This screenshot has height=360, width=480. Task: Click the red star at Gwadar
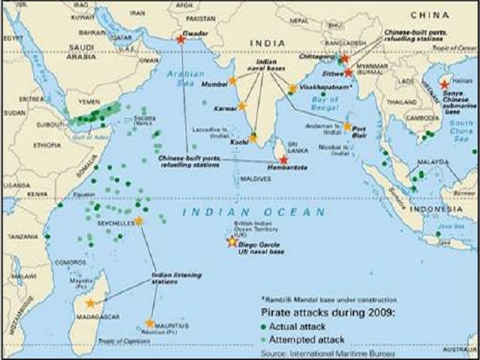pos(180,39)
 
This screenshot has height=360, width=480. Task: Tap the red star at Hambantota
pos(283,159)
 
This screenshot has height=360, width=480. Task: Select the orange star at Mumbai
pos(232,80)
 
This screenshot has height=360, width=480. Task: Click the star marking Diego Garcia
pos(232,241)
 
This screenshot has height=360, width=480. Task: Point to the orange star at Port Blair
pos(347,127)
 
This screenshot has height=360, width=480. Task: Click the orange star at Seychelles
pos(138,221)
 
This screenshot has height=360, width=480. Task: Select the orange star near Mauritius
pos(150,323)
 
